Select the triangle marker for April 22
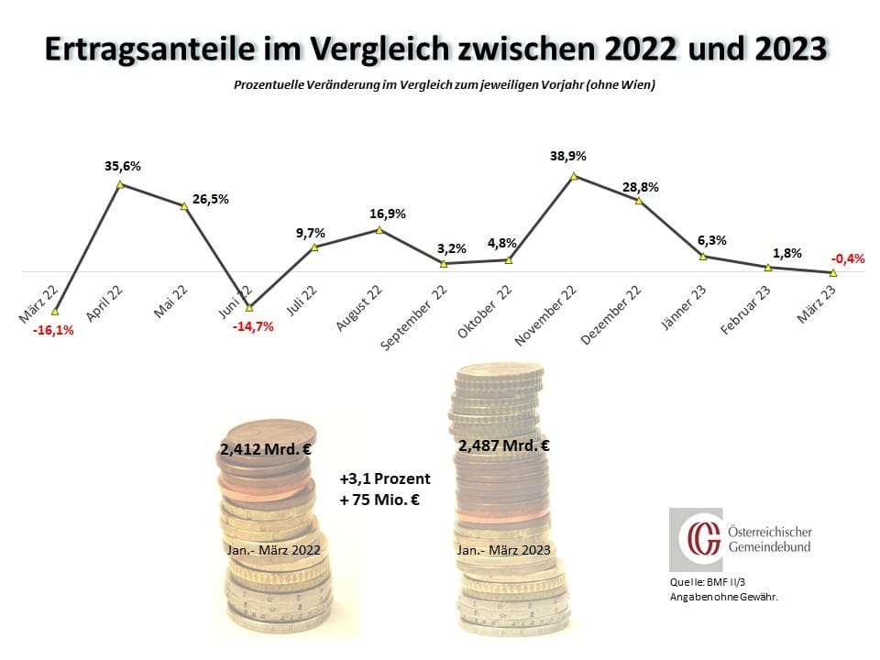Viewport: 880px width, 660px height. pos(120,185)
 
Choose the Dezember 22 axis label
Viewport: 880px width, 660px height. pos(611,314)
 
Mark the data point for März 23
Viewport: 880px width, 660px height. pos(832,272)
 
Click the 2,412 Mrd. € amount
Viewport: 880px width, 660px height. pos(265,450)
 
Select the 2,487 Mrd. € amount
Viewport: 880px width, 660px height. pos(503,446)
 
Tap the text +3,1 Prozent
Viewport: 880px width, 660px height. pos(384,478)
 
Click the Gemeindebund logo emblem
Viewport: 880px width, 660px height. pos(696,540)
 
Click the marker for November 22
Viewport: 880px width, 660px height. pos(574,175)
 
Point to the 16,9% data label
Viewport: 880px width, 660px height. pos(387,214)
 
